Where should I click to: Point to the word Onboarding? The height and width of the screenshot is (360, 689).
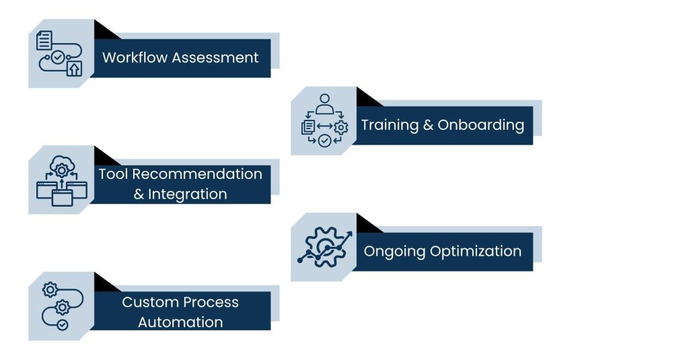(x=480, y=125)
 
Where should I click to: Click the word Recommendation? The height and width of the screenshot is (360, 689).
(x=196, y=174)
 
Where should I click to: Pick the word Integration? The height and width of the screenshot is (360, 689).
(x=187, y=194)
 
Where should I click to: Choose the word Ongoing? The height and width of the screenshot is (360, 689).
(x=394, y=252)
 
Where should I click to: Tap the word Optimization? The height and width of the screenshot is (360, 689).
(x=475, y=252)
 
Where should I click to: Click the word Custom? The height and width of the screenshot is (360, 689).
(x=145, y=302)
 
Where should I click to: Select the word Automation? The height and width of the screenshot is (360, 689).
(x=180, y=322)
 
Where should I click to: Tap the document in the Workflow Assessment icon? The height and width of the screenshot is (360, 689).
(x=44, y=40)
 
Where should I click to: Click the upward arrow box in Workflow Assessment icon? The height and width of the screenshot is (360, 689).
(x=73, y=68)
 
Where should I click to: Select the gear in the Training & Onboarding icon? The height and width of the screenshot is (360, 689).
(x=341, y=127)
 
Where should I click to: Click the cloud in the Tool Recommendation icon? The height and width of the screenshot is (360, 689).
(x=61, y=164)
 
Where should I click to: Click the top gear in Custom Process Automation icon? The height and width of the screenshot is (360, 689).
(x=49, y=290)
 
